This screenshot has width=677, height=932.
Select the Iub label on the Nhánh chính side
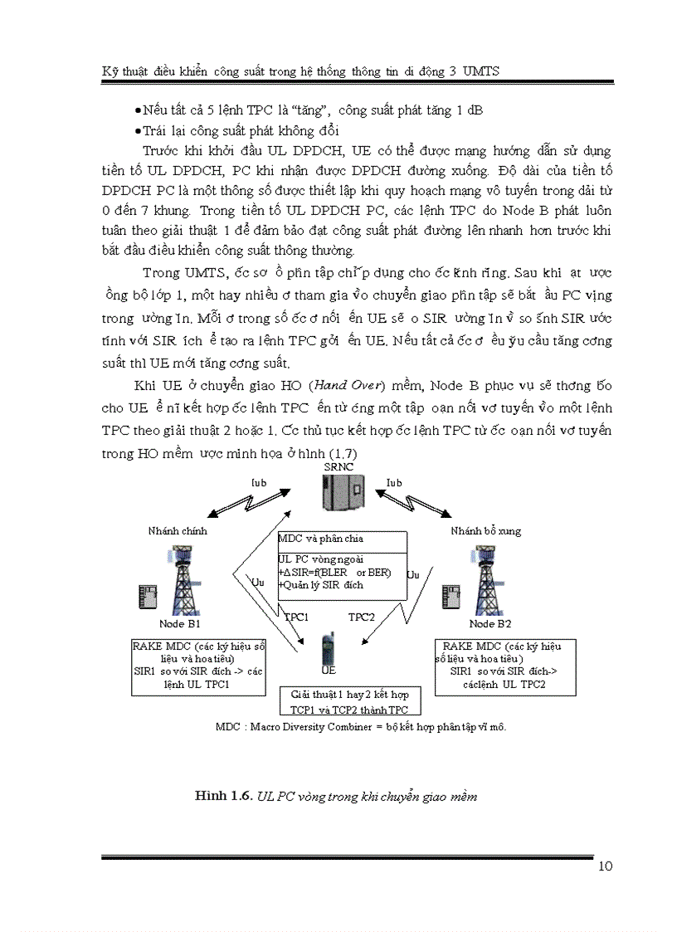click(x=258, y=483)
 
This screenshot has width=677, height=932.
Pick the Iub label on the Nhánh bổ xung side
click(x=394, y=483)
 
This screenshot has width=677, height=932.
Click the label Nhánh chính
click(x=178, y=531)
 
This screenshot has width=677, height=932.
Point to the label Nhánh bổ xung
click(x=486, y=531)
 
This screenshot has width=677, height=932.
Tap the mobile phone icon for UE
click(x=329, y=649)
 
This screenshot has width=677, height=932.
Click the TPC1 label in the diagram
click(x=297, y=617)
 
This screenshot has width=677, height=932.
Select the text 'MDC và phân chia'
click(x=321, y=539)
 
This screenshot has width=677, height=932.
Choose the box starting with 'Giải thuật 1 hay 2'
click(x=349, y=700)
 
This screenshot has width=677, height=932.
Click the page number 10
click(x=605, y=867)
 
